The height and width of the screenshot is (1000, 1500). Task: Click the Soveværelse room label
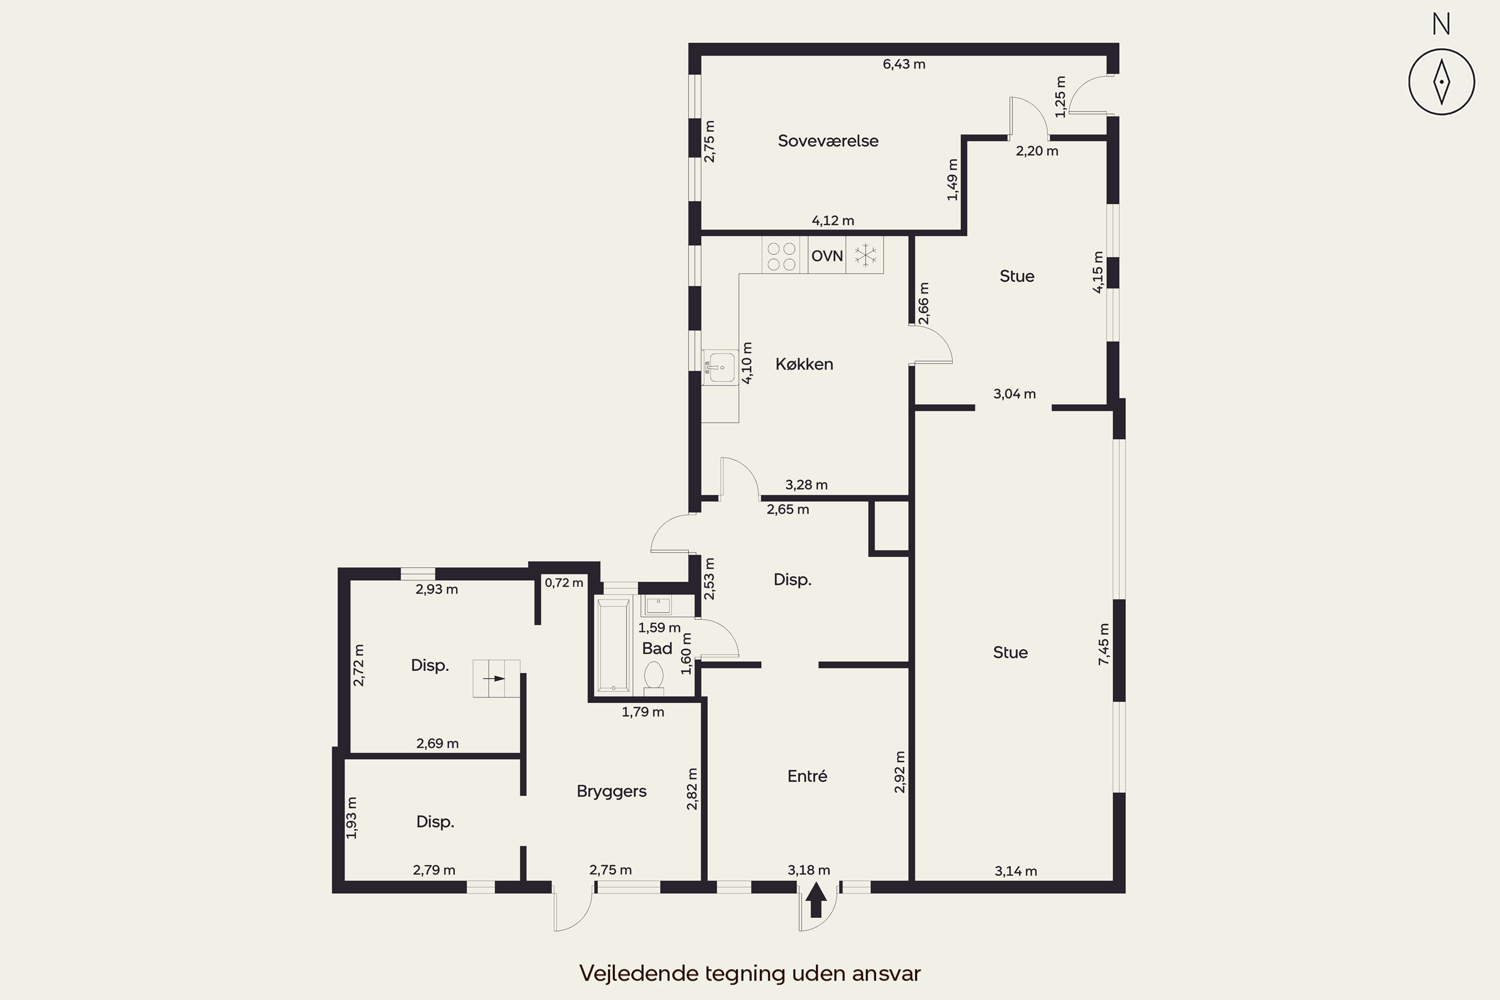[x=828, y=141]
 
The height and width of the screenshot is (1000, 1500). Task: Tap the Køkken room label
[x=804, y=364]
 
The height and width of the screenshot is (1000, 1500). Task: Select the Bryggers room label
[x=611, y=791]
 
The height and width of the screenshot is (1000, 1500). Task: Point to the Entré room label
[x=807, y=776]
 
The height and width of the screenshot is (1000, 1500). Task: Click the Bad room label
[x=657, y=648]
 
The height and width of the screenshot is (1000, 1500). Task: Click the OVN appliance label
[x=827, y=255]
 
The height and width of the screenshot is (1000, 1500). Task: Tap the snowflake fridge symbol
[x=865, y=255]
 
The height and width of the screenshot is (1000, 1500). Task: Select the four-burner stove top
[x=781, y=255]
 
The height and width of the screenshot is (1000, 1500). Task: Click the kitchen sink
[x=720, y=367]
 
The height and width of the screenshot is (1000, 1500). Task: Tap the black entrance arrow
[x=815, y=899]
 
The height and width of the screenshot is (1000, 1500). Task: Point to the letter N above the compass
[x=1441, y=24]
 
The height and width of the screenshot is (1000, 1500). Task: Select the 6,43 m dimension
[x=903, y=64]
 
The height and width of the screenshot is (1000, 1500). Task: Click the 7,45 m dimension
[x=1104, y=644]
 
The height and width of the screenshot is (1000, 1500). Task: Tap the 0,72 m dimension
[x=564, y=582]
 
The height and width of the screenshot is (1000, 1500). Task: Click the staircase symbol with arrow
[x=496, y=678]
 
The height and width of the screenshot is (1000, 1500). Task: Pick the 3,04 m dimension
[x=1014, y=394]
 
